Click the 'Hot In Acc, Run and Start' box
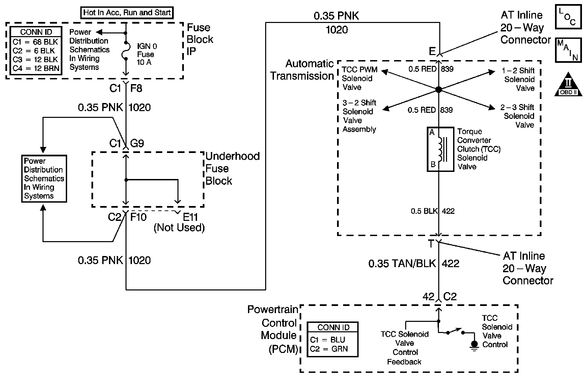[x=127, y=13]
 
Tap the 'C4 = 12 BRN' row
[x=36, y=69]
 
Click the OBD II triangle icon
[x=568, y=84]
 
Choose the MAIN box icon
[x=568, y=50]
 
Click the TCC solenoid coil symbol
[x=440, y=149]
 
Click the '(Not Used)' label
[x=179, y=228]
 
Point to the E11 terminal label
[x=190, y=217]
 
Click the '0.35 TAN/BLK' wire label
[x=402, y=264]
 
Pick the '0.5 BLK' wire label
[x=424, y=211]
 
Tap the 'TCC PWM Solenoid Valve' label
[x=359, y=78]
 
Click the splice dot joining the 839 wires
[x=438, y=90]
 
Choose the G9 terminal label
[x=137, y=144]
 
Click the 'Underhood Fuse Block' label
[x=232, y=169]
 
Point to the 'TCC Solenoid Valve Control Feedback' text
[x=405, y=348]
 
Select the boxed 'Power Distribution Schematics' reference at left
[x=44, y=179]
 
